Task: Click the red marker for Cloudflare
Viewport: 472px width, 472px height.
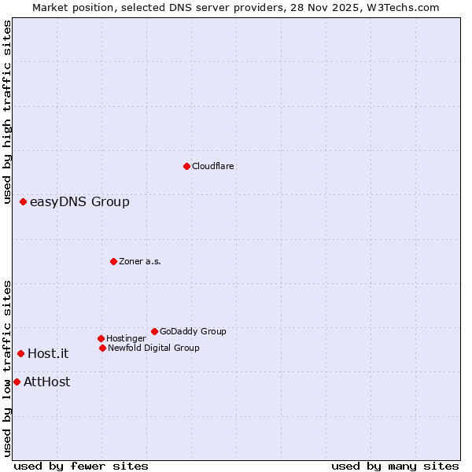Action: click(186, 166)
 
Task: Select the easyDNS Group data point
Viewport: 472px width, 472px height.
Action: click(23, 202)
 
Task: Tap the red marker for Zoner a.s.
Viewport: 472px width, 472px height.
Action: click(113, 261)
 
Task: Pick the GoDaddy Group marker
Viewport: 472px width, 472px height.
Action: click(154, 331)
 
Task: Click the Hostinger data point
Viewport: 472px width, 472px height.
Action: click(101, 338)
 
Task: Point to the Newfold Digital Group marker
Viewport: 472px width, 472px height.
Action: click(102, 348)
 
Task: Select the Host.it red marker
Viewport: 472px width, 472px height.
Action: click(20, 353)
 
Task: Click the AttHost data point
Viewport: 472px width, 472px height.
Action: click(17, 382)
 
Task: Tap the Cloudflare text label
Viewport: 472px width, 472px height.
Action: click(213, 166)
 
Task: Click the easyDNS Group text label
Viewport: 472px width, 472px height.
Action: click(79, 202)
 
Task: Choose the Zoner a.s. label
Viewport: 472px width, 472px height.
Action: click(140, 261)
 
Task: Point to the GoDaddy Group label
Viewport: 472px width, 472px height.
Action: click(193, 331)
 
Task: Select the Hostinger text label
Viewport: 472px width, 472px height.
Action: click(126, 338)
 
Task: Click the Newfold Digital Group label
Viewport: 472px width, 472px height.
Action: click(153, 348)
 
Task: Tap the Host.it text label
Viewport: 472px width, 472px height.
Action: click(48, 354)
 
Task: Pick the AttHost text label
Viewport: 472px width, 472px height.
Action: click(46, 382)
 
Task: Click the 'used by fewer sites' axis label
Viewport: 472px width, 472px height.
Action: click(81, 466)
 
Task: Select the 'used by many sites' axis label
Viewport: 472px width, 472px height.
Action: click(395, 466)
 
